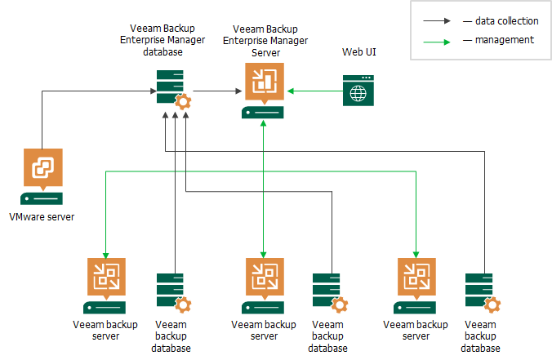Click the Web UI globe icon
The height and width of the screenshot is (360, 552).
coord(358,91)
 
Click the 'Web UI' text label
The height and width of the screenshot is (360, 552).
coord(358,53)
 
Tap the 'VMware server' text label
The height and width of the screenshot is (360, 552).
coord(42,218)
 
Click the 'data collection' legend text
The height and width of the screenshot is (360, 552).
coord(501,20)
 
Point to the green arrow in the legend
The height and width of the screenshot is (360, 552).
coord(438,39)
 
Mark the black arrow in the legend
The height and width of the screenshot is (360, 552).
coord(438,20)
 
